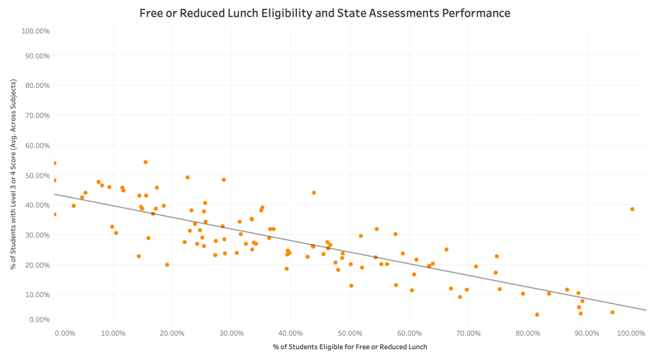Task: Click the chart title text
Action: click(x=325, y=13)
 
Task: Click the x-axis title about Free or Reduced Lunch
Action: click(x=350, y=347)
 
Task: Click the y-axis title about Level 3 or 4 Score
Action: click(x=13, y=175)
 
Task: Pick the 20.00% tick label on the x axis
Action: click(x=172, y=333)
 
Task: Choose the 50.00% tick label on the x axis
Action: click(x=350, y=333)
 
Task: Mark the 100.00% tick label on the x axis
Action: click(x=632, y=333)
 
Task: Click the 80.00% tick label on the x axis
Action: click(x=527, y=333)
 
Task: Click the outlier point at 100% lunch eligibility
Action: click(x=632, y=209)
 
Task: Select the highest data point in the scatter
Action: click(x=145, y=162)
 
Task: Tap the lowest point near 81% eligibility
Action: click(x=537, y=314)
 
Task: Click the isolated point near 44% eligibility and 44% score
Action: click(x=313, y=192)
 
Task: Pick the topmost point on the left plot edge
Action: click(x=55, y=163)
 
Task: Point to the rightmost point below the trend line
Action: click(x=612, y=312)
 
